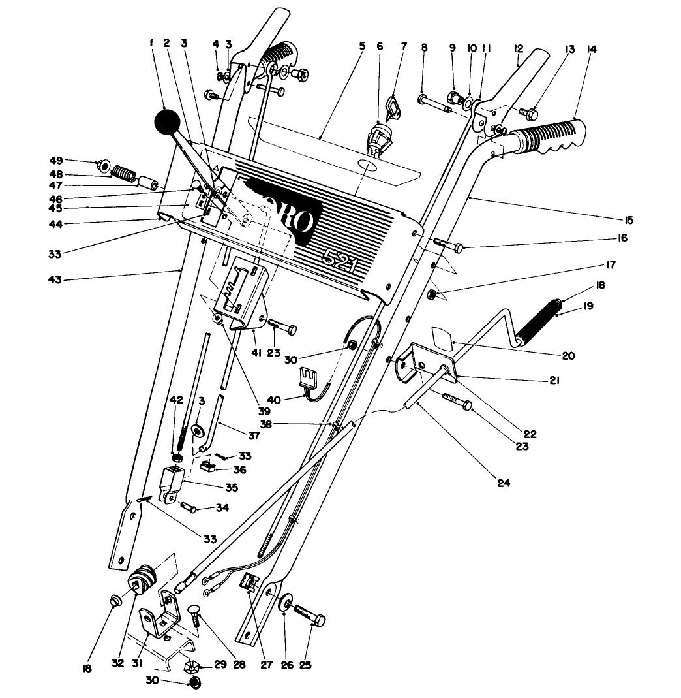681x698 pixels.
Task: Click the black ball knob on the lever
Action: click(x=168, y=121)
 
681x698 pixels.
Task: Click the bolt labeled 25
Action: click(x=309, y=616)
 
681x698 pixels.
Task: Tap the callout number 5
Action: click(x=363, y=47)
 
